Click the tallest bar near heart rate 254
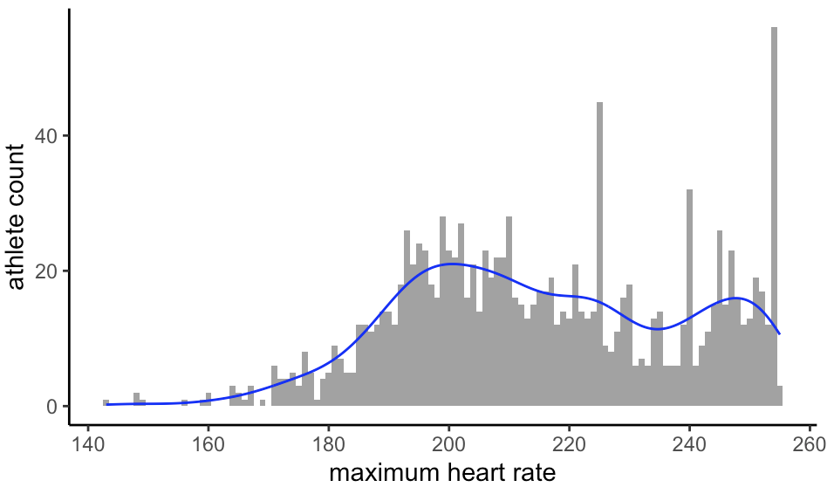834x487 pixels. [x=774, y=218]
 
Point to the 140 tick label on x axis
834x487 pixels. [x=87, y=443]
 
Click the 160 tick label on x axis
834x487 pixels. [x=208, y=443]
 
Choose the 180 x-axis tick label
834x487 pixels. [x=328, y=443]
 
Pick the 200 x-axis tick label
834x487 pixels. [x=448, y=443]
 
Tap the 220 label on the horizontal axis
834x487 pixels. [x=569, y=443]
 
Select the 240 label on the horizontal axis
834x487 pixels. [x=689, y=443]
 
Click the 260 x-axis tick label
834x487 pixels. [x=809, y=443]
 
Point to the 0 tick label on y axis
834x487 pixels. [x=52, y=407]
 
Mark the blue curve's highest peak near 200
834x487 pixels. [x=450, y=264]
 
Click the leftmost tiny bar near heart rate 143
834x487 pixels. [x=106, y=402]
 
